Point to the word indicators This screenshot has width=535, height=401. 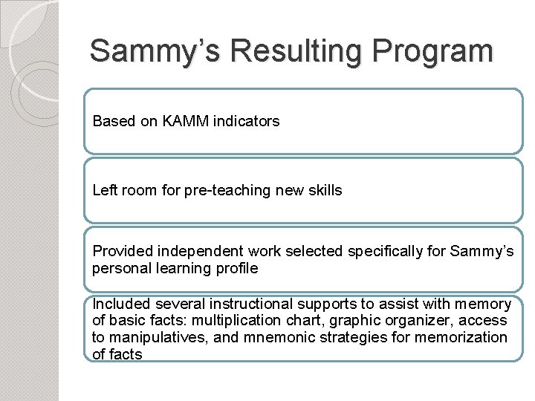coord(246,120)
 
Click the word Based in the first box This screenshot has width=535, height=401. coord(114,120)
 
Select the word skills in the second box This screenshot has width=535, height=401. coord(324,190)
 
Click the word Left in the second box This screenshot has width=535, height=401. coord(104,190)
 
